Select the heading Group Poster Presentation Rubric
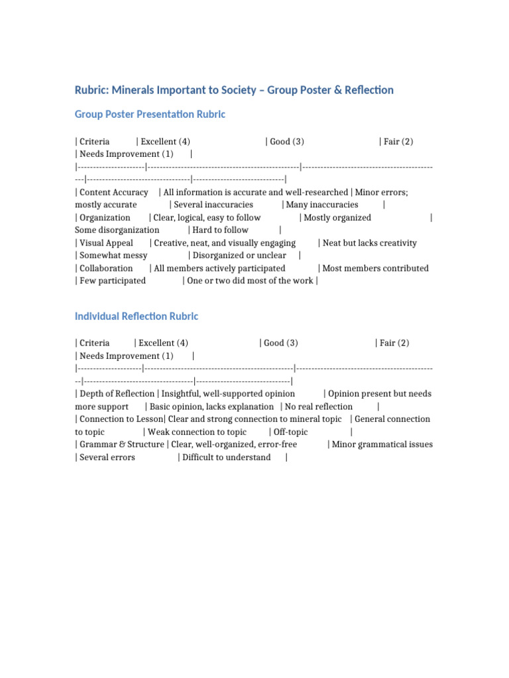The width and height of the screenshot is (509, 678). [150, 115]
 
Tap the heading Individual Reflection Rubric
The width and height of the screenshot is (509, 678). [137, 316]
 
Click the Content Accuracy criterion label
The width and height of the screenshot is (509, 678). [113, 192]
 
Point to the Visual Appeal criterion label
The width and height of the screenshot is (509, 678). [106, 243]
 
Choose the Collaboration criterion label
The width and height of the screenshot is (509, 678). [106, 268]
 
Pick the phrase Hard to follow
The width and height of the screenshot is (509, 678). [221, 230]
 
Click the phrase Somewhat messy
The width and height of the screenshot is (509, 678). [113, 256]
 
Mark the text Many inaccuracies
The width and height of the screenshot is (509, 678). [322, 205]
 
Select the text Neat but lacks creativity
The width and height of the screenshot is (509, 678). [370, 243]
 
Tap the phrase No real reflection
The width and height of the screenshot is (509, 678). [319, 407]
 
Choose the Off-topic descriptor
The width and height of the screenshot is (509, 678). [290, 432]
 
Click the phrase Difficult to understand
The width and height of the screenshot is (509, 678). [227, 458]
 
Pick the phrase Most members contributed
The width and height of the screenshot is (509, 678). [376, 268]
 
